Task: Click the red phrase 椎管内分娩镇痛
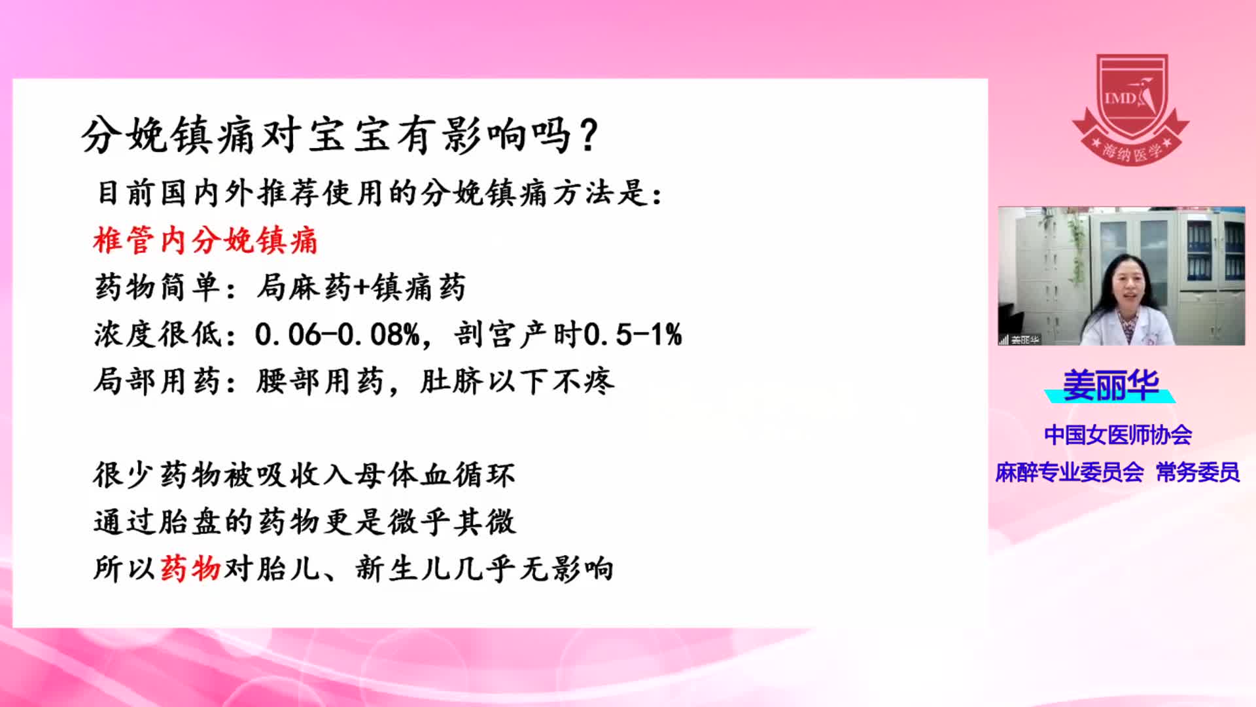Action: (205, 240)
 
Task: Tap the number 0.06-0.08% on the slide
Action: (337, 335)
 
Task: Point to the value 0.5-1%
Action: (633, 335)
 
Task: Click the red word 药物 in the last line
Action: (190, 568)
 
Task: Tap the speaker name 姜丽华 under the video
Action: (1110, 385)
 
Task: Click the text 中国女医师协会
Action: (1118, 435)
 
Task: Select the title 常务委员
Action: (1198, 472)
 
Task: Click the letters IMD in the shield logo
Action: (1121, 99)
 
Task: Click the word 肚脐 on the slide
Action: (451, 382)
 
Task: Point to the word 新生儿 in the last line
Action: (403, 568)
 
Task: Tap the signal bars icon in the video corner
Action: (1003, 340)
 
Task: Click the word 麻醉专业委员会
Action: (1070, 472)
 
